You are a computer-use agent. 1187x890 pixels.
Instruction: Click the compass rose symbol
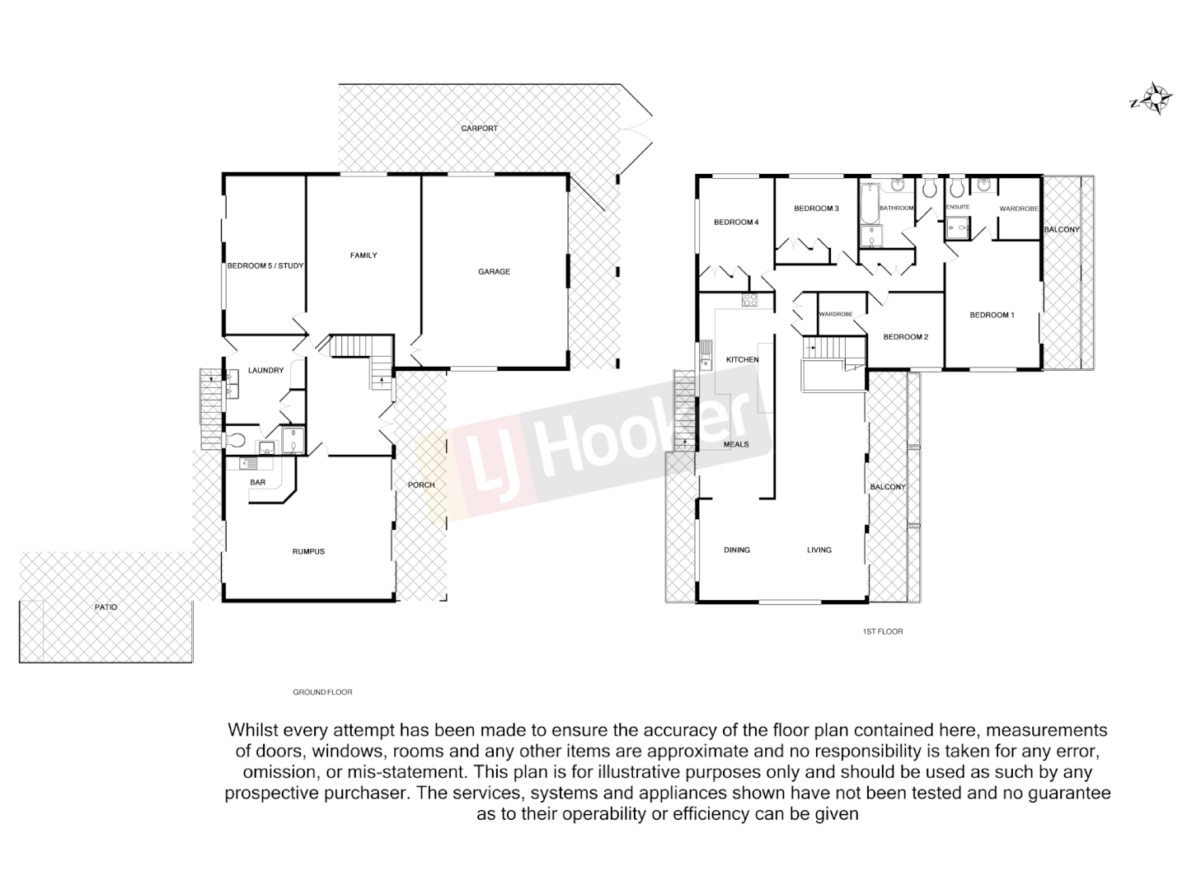click(1157, 99)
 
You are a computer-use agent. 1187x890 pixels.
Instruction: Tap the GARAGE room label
click(494, 271)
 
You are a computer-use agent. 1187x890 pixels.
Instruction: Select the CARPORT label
click(479, 129)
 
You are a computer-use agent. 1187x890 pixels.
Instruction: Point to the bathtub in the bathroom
click(867, 204)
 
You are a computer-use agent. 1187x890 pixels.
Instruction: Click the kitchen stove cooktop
click(749, 300)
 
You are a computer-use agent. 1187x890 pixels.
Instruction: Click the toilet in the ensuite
click(956, 189)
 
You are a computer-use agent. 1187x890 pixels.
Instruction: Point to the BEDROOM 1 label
click(992, 315)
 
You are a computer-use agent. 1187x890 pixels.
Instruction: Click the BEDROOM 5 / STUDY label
click(265, 265)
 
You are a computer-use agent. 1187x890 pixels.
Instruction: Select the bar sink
click(245, 463)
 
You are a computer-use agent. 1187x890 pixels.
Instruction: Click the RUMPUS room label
click(308, 551)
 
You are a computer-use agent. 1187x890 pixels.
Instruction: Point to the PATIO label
click(106, 607)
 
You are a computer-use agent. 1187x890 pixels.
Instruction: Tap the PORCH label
click(421, 485)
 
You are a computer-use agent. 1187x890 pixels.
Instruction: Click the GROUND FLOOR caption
click(322, 692)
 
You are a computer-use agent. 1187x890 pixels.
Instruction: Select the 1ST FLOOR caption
click(882, 631)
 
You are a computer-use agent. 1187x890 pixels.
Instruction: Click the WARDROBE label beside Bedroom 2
click(835, 314)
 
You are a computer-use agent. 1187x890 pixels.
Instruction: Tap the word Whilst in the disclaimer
click(253, 730)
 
